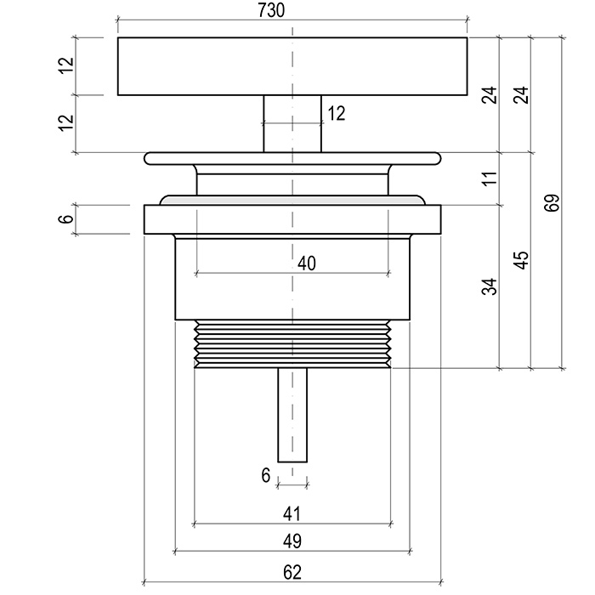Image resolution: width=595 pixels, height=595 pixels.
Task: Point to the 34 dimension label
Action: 488,286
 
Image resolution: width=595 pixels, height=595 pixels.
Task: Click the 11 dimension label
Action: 488,179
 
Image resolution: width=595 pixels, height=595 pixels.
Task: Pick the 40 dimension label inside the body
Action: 306,263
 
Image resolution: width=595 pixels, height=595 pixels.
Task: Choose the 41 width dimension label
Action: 292,513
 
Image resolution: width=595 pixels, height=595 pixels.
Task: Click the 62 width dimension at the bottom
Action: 292,572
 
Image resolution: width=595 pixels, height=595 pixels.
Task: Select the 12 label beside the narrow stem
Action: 337,113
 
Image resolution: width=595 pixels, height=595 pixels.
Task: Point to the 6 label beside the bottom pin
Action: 266,476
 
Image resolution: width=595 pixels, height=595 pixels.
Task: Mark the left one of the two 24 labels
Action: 488,95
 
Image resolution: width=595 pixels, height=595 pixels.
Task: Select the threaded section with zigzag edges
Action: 292,345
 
